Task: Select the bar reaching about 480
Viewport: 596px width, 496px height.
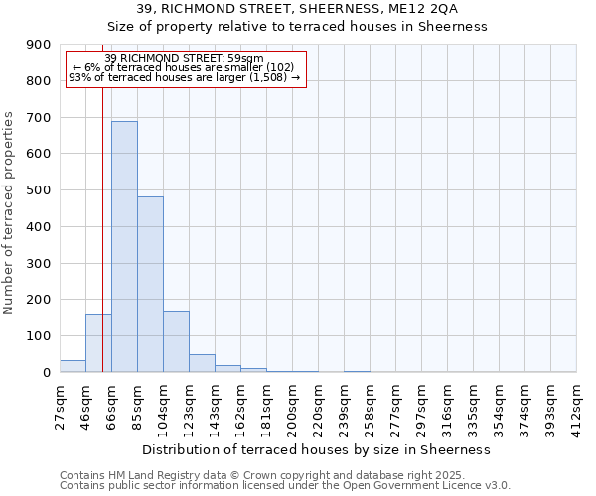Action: coord(150,284)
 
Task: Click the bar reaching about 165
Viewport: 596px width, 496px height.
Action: coord(176,342)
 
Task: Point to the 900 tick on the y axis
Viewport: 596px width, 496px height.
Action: coord(40,45)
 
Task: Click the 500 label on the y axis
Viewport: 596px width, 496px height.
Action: coord(40,190)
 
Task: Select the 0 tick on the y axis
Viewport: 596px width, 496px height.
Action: coord(46,373)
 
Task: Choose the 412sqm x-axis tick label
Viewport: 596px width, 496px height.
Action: coord(577,407)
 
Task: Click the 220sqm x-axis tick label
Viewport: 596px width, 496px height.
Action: coord(318,407)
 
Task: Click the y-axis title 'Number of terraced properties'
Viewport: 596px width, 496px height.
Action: coord(9,213)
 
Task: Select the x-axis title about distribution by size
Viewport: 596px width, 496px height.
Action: coord(318,449)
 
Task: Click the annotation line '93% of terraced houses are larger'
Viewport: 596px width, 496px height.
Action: coord(184,77)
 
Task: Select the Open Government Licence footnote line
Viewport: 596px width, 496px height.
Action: coord(285,486)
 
